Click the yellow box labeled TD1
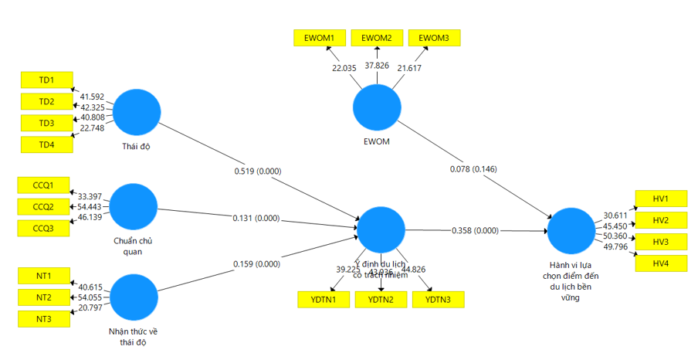[47, 80]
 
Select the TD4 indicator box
[47, 144]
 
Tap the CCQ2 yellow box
[42, 206]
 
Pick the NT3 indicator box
[44, 318]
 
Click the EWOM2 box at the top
[377, 37]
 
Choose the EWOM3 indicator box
[434, 37]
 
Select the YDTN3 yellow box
[439, 299]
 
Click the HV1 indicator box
[660, 199]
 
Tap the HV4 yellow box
[660, 263]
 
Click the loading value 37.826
[378, 66]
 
